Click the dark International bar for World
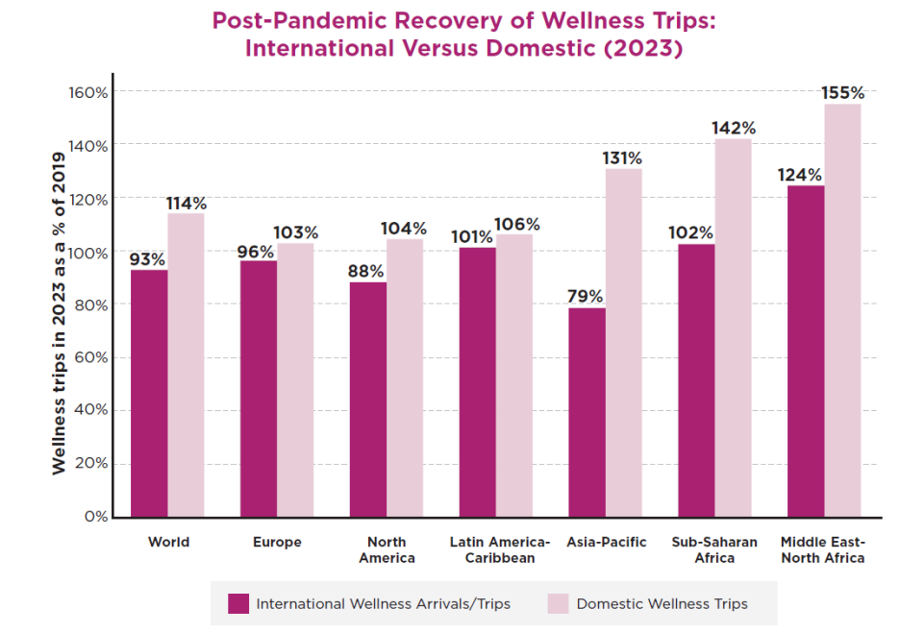click(149, 394)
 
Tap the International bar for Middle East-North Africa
click(806, 352)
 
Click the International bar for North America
click(368, 400)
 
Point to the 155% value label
click(843, 93)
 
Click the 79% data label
click(585, 296)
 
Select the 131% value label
click(623, 158)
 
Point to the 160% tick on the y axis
click(87, 92)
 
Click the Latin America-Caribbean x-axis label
click(500, 549)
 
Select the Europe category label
click(277, 543)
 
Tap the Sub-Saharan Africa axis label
click(714, 549)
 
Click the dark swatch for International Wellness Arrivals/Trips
click(238, 604)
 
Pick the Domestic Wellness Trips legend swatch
click(559, 604)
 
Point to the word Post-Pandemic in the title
click(288, 20)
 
